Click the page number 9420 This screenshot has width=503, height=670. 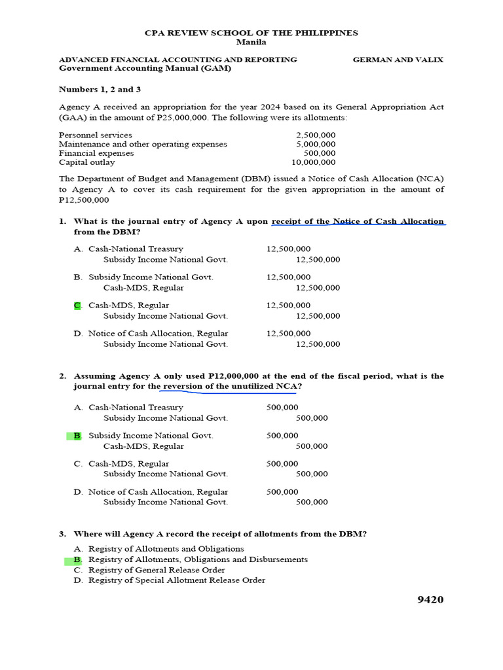point(430,599)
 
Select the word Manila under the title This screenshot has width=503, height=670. point(251,42)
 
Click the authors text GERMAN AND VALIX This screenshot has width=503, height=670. point(398,60)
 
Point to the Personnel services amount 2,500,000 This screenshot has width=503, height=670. point(316,135)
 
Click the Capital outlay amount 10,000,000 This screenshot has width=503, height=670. point(313,162)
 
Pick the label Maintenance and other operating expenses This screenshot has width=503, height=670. point(143,144)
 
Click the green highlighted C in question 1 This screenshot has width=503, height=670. point(77,305)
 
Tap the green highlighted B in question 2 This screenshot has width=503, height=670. point(77,435)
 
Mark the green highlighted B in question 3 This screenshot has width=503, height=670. point(77,559)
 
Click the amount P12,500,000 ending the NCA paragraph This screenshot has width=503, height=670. point(84,200)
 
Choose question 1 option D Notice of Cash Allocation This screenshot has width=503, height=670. point(158,333)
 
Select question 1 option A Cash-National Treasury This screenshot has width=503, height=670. point(136,249)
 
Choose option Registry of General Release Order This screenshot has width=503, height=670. point(157,570)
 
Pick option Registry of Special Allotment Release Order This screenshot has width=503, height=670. point(177,580)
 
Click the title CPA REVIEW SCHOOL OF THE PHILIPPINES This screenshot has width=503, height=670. point(251,33)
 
